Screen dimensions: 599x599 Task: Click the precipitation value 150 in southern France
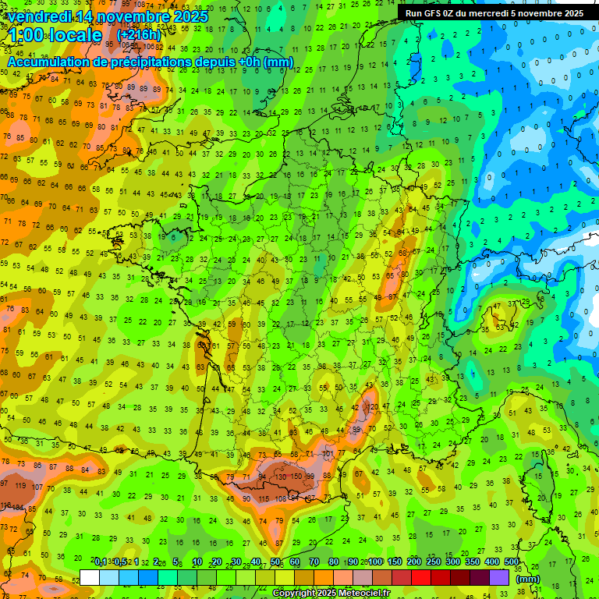click(297, 476)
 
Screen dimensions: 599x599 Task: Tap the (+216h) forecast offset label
click(138, 35)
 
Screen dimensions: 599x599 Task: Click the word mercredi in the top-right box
click(504, 13)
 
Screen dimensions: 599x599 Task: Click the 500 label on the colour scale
click(512, 562)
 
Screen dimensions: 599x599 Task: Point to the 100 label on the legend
click(375, 562)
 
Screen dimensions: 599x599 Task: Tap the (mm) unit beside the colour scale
click(528, 579)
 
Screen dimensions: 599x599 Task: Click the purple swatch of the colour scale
click(499, 577)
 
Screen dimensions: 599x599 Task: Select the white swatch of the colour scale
click(90, 577)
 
